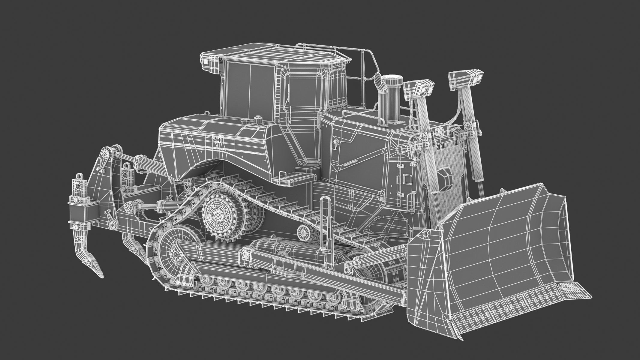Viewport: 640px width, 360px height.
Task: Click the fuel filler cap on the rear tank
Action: tap(257, 121)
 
